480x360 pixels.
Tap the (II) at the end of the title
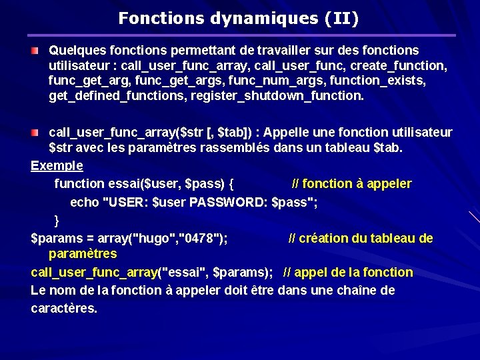342,18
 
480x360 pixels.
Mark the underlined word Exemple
57,165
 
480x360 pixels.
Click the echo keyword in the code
84,202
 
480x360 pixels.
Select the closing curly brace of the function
57,220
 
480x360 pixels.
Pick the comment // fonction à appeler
352,183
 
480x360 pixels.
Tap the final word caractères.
64,308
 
